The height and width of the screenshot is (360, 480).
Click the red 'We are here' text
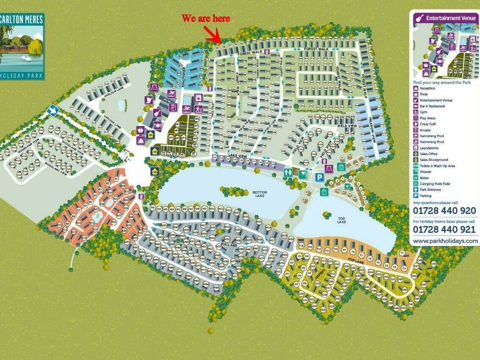coord(205,18)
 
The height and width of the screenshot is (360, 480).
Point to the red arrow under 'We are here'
coord(212,34)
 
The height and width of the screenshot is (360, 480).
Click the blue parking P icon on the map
coord(319,177)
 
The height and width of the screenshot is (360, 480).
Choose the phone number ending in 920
coord(444,211)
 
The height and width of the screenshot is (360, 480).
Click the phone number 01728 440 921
coord(444,229)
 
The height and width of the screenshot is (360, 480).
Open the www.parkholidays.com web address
coord(445,241)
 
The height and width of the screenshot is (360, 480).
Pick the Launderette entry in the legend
coord(428,147)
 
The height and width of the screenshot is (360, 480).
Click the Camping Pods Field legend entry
coord(434,184)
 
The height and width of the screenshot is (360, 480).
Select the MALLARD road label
coord(228,245)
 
